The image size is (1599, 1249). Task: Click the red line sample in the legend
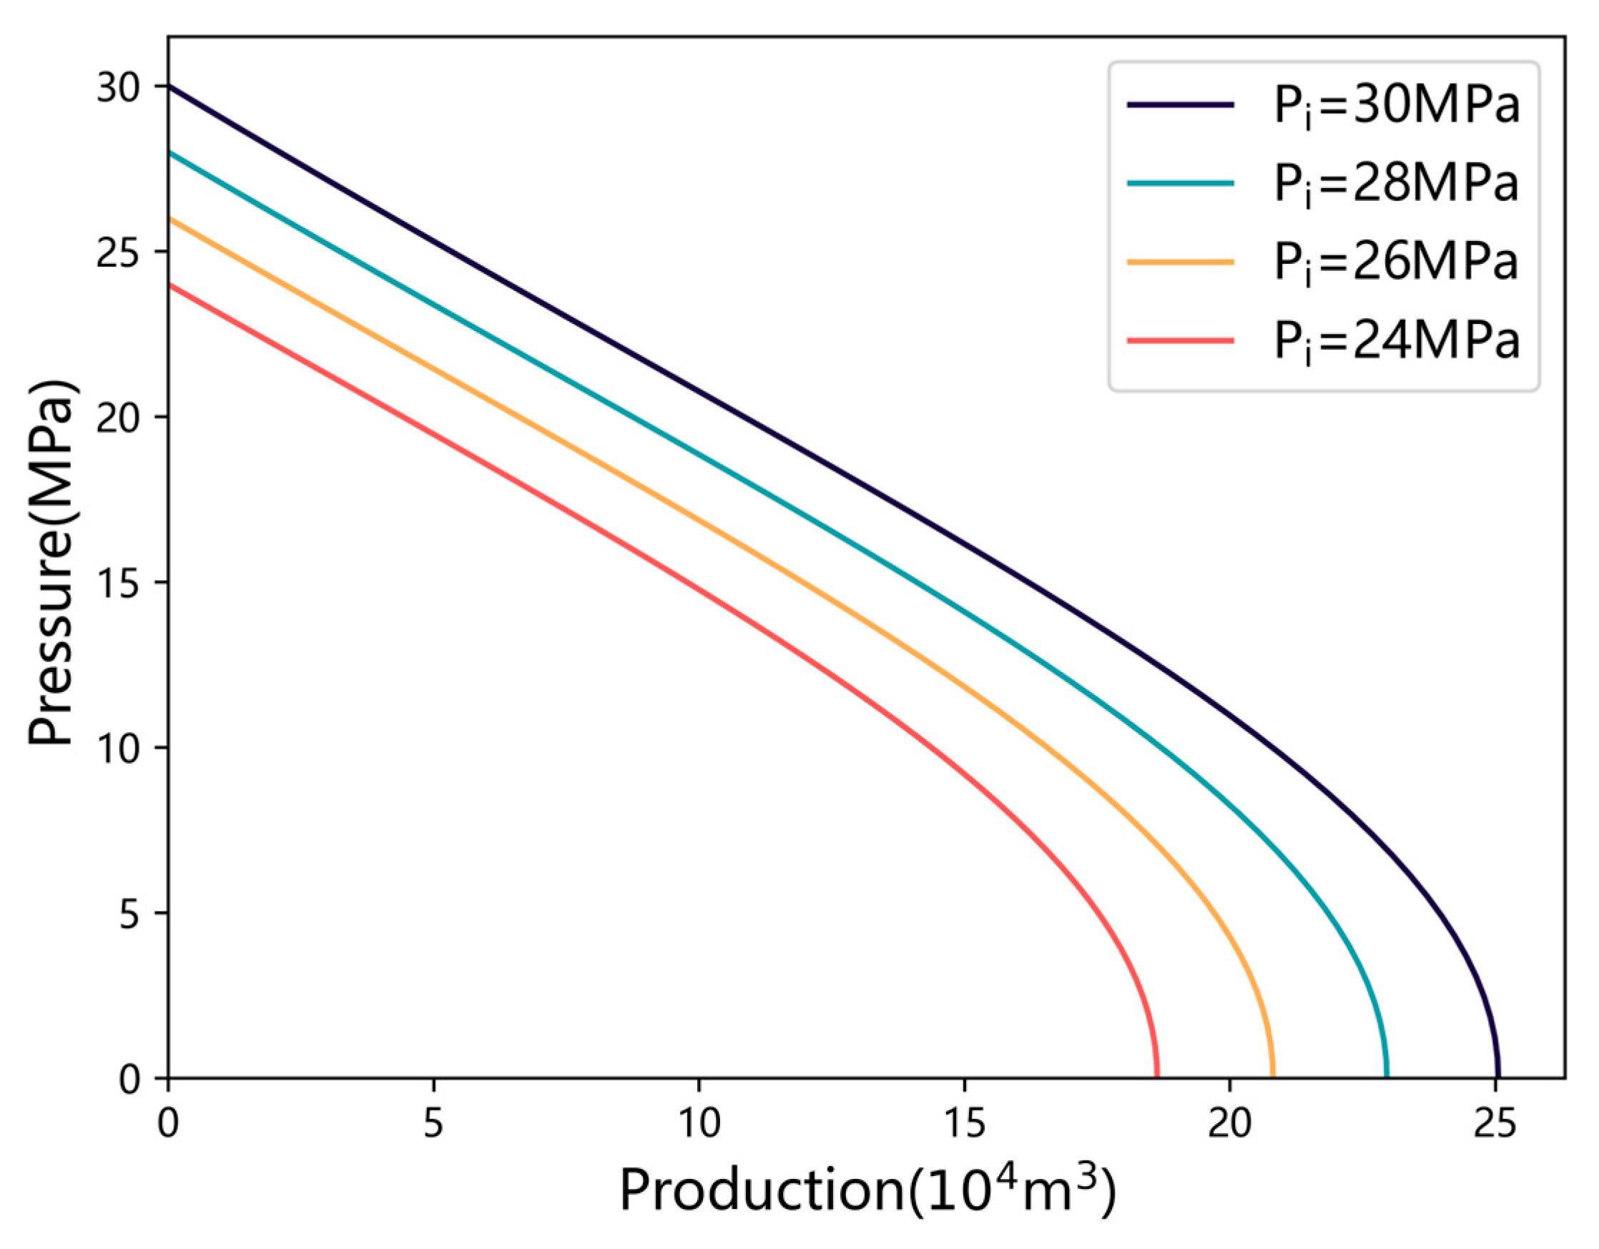click(x=1180, y=340)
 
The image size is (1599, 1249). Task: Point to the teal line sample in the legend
click(x=1180, y=183)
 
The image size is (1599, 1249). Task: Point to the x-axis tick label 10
click(x=699, y=1122)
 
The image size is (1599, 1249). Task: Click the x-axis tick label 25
click(x=1495, y=1122)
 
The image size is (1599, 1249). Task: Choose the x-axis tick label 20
click(x=1229, y=1122)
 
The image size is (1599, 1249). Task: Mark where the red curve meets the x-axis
click(x=1157, y=1076)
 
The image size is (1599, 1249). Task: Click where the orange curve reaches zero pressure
click(x=1272, y=1076)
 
